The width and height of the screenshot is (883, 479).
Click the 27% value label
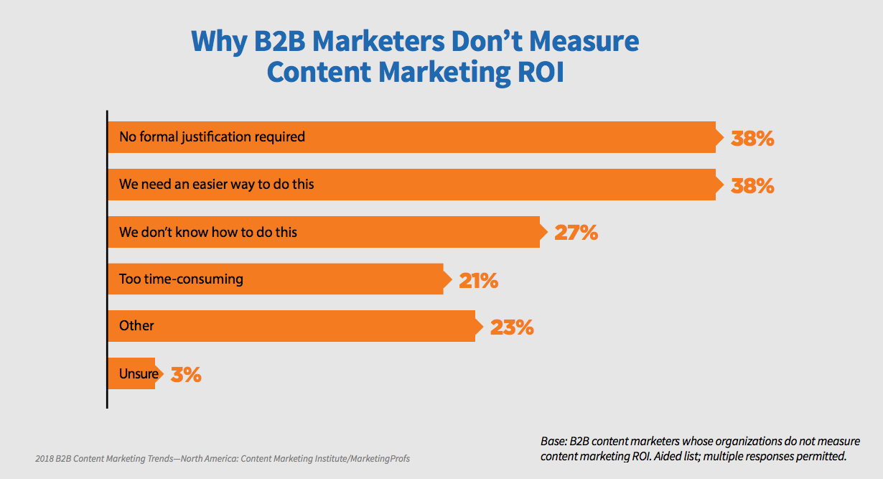(576, 233)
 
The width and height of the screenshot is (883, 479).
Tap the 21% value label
(478, 280)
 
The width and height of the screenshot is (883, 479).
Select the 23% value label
(512, 327)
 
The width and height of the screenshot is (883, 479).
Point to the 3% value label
(186, 374)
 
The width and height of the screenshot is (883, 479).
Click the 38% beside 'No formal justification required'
(752, 138)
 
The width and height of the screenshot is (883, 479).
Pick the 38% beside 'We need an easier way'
(752, 185)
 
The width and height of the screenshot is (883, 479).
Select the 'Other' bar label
(136, 326)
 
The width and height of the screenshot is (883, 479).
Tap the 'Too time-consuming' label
(181, 279)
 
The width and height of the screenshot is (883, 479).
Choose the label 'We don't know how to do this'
(208, 232)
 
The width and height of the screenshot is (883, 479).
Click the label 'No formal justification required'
(212, 136)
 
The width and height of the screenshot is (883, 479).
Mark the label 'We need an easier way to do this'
(217, 185)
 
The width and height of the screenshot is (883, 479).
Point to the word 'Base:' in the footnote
(555, 442)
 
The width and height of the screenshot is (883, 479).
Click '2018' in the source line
(46, 458)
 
